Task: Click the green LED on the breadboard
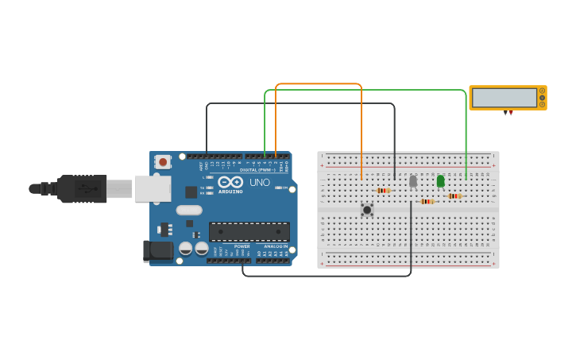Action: coord(441,181)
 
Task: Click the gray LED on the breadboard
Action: coord(413,181)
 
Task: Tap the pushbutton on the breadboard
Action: coord(367,210)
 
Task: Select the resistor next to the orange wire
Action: coord(383,191)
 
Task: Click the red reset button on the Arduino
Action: coord(163,161)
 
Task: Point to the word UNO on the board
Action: coord(260,182)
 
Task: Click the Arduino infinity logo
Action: coord(230,182)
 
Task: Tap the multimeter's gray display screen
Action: coord(504,98)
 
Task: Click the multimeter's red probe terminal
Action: coord(511,114)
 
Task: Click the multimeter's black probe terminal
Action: coord(505,114)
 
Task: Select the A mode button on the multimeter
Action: coord(543,91)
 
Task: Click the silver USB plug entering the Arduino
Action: coord(120,189)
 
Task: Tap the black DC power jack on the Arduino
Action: coord(159,250)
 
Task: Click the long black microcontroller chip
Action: coord(249,231)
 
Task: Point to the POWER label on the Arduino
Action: coord(242,246)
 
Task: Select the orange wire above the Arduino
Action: coord(318,83)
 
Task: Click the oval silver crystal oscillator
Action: coord(189,211)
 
